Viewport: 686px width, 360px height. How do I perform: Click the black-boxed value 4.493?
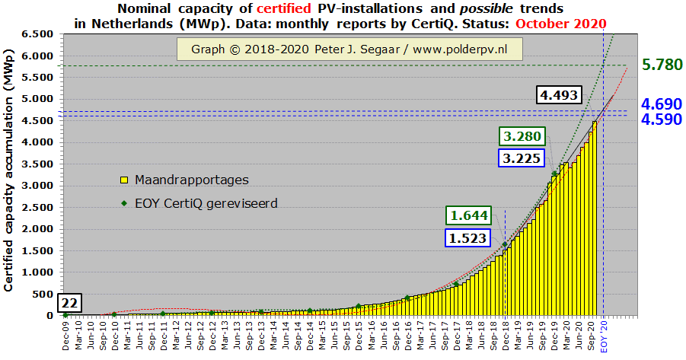[x=559, y=95]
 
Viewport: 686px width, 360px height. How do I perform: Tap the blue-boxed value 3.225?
[x=521, y=159]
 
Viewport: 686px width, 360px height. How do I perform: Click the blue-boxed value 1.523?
[x=468, y=238]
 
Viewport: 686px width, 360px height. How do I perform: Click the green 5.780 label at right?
[x=662, y=65]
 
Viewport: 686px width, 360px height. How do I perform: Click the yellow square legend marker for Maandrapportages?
[x=124, y=180]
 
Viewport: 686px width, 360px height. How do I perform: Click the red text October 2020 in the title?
[x=560, y=23]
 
